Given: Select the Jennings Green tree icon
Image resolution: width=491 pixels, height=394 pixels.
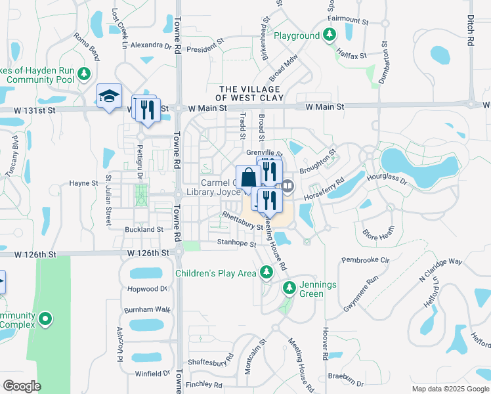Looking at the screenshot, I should (289, 288).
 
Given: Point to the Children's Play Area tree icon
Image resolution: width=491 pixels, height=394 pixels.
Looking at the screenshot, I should (266, 272).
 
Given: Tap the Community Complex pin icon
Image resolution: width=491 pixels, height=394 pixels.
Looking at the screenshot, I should (45, 320).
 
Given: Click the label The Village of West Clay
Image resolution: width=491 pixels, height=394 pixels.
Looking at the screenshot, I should (251, 93).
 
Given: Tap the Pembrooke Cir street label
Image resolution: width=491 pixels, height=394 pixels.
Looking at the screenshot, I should (364, 260).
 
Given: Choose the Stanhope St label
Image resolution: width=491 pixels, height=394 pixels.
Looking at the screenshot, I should (237, 242).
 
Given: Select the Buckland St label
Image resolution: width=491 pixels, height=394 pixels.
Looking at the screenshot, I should (144, 230).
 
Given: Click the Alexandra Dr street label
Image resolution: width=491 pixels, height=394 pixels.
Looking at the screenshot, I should (150, 45).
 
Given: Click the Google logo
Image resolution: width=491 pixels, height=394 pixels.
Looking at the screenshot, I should (22, 386).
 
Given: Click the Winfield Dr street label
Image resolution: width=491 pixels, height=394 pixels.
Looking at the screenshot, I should (152, 374).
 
